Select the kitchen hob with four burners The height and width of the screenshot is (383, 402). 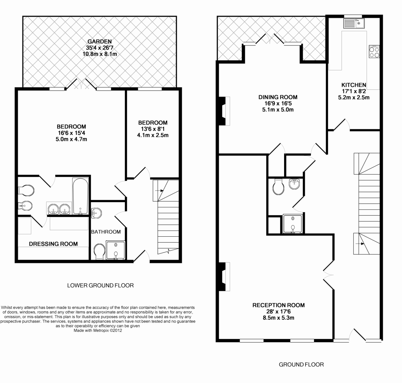[374, 52]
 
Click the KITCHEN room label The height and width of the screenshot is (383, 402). [353, 85]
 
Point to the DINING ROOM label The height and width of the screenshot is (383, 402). [278, 97]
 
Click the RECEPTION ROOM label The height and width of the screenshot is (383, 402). [278, 305]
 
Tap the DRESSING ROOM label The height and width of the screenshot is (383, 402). [53, 244]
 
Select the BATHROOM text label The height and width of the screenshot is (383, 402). [106, 232]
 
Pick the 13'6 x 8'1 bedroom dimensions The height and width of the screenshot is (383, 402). [153, 129]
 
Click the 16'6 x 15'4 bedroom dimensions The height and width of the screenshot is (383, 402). [71, 133]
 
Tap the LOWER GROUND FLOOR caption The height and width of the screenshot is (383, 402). [100, 286]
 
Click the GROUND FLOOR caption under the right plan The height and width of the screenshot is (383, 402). [301, 365]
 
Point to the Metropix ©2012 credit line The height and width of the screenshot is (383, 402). [97, 330]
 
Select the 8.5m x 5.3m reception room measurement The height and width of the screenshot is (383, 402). [278, 318]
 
